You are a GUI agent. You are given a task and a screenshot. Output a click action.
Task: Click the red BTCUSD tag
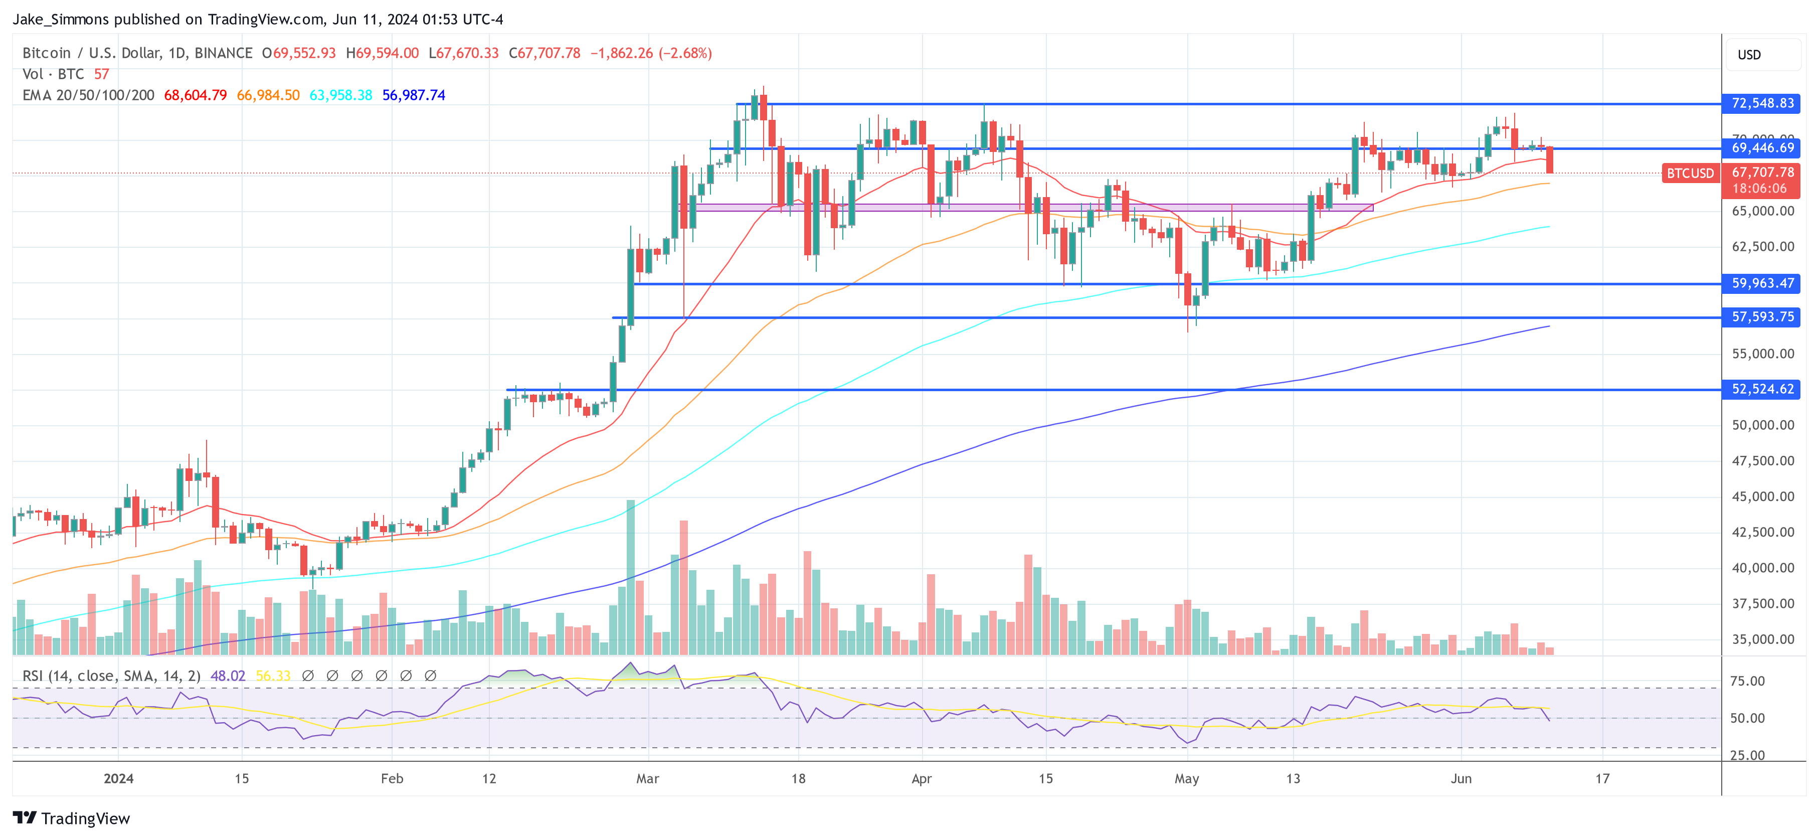pyautogui.click(x=1690, y=173)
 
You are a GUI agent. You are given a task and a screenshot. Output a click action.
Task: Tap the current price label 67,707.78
pyautogui.click(x=1762, y=173)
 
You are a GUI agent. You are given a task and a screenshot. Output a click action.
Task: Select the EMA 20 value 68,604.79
pyautogui.click(x=195, y=95)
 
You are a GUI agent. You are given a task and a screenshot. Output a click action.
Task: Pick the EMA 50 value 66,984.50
pyautogui.click(x=268, y=95)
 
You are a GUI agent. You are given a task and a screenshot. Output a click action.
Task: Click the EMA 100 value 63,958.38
pyautogui.click(x=340, y=95)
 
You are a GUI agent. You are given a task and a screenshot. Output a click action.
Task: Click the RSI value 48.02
pyautogui.click(x=228, y=676)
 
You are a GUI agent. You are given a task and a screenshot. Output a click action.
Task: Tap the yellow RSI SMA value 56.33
pyautogui.click(x=273, y=676)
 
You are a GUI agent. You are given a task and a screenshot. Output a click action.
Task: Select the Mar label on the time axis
pyautogui.click(x=647, y=778)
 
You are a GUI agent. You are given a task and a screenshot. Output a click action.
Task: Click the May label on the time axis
pyautogui.click(x=1186, y=778)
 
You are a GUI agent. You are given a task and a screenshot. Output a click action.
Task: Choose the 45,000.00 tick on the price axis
pyautogui.click(x=1762, y=496)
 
